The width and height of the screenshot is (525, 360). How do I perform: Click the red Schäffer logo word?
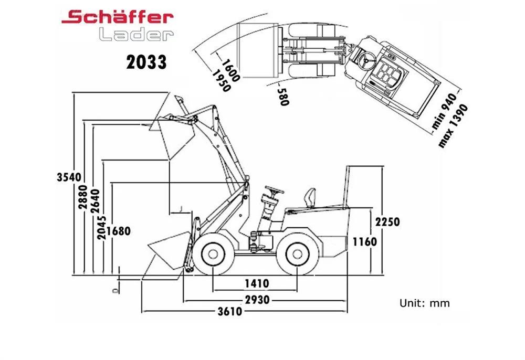click(117, 17)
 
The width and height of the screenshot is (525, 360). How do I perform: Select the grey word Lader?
click(136, 34)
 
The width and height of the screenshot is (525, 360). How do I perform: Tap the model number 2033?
click(146, 62)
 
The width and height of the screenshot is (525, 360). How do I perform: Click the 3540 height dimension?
click(69, 177)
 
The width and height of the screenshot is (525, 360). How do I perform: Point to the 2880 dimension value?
click(83, 197)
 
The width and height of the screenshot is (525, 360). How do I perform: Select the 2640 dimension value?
click(95, 201)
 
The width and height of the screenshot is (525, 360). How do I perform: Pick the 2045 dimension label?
click(102, 228)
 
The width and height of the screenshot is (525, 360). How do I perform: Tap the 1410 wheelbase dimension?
click(257, 284)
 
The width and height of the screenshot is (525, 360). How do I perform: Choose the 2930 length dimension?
click(257, 300)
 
